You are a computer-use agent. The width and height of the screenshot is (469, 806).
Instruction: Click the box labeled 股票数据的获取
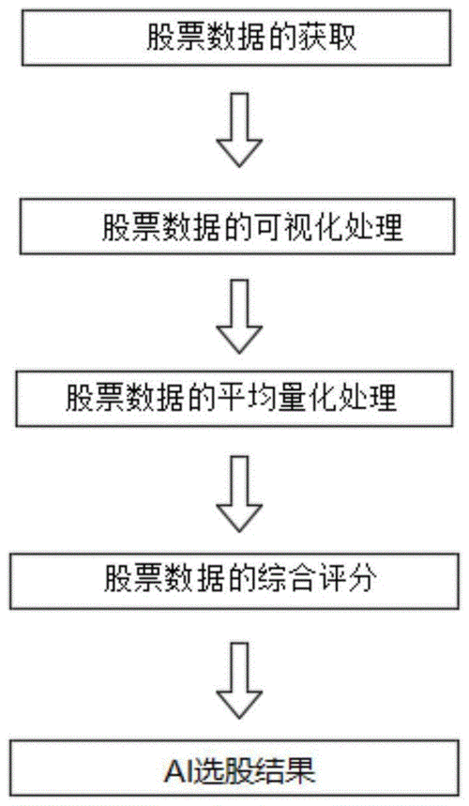tap(236, 38)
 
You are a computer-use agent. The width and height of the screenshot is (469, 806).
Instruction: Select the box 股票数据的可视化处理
tap(237, 227)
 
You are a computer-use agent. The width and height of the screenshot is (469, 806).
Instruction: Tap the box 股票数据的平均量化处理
tap(234, 399)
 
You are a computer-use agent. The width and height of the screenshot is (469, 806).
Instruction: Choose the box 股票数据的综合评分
tap(234, 581)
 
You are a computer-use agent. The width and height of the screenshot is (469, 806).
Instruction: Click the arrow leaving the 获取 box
tap(239, 129)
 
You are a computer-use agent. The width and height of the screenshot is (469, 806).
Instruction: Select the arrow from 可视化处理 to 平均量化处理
tap(239, 316)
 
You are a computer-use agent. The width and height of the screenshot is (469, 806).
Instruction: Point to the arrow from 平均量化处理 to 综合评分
tap(239, 494)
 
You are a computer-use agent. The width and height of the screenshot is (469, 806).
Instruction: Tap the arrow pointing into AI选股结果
tap(239, 680)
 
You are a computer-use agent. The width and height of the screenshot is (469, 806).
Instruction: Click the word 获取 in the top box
tap(326, 37)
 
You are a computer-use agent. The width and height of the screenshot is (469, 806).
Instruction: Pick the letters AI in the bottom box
tap(177, 771)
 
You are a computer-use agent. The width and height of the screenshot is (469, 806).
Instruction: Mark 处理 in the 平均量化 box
tap(368, 399)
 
